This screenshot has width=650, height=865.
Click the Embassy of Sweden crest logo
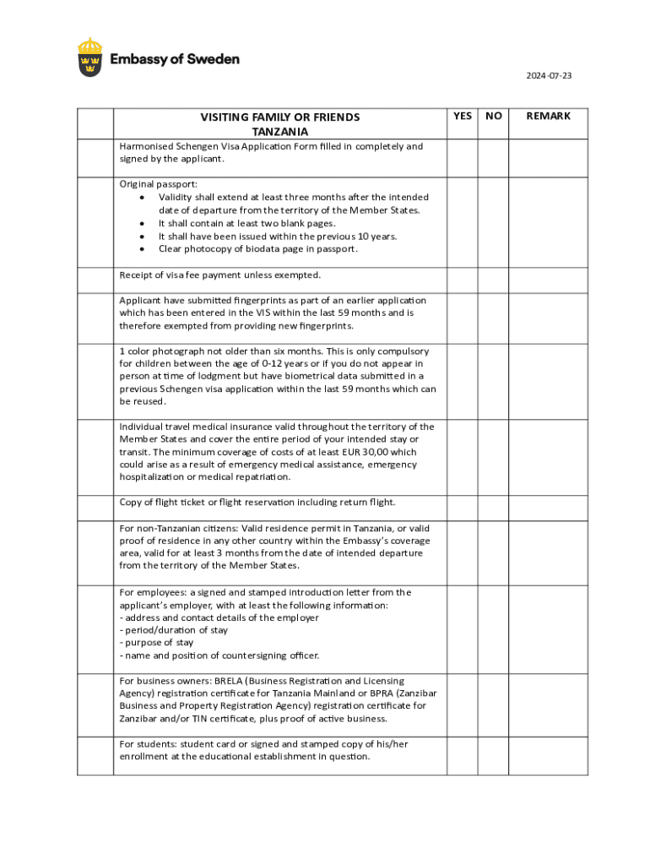[91, 57]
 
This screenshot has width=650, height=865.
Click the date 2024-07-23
[549, 76]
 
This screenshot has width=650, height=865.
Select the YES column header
[463, 116]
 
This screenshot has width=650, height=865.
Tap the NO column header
[494, 116]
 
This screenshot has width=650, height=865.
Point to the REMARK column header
[549, 116]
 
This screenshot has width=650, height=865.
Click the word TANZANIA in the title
[279, 132]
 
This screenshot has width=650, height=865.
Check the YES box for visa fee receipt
[463, 280]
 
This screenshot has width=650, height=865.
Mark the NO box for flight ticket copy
[494, 508]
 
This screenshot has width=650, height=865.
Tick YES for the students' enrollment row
[463, 755]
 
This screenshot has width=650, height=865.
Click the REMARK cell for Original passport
[549, 222]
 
